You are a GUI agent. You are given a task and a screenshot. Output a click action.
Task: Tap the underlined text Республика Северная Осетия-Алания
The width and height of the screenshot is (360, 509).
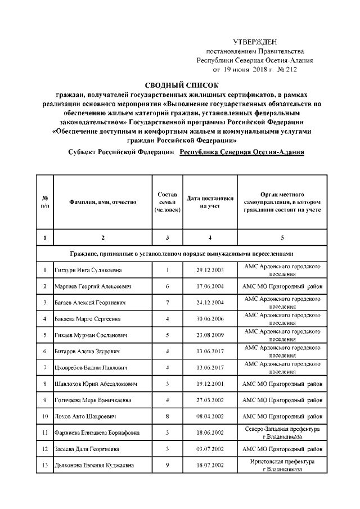click(241, 152)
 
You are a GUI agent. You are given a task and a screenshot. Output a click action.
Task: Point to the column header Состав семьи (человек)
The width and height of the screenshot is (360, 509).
click(167, 202)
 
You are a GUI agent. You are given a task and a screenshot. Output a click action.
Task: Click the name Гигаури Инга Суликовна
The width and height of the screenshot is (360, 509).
click(88, 271)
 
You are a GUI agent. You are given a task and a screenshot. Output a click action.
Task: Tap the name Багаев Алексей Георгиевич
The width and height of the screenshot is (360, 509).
click(89, 303)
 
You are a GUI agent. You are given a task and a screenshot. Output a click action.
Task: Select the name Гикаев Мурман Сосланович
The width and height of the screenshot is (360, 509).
click(91, 336)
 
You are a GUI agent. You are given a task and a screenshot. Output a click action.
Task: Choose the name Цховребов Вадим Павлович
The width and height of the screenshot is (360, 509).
click(91, 368)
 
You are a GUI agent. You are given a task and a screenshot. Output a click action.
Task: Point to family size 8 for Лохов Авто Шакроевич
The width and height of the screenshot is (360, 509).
click(168, 417)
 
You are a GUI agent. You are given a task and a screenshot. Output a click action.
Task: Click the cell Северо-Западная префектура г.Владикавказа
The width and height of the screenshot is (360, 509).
click(282, 433)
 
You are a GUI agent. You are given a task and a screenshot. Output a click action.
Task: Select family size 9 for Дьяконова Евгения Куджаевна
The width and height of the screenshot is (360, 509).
click(168, 466)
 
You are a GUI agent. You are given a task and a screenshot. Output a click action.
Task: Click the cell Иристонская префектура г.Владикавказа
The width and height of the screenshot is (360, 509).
click(282, 466)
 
